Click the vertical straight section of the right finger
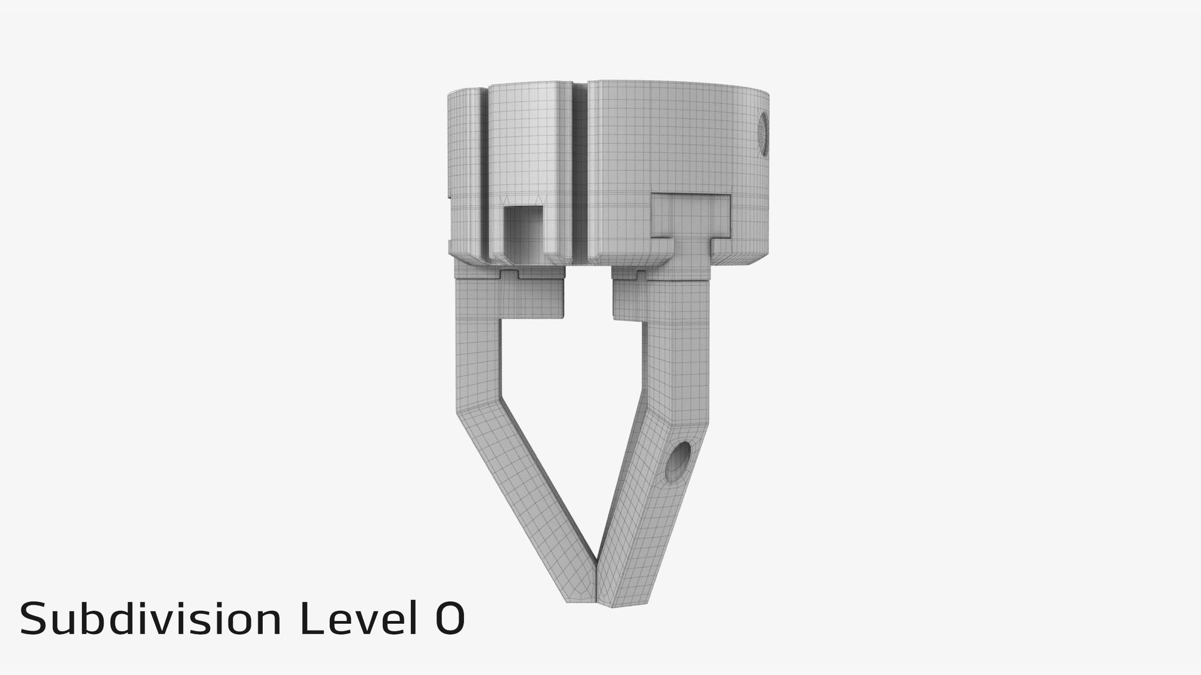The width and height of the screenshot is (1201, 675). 679,362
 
